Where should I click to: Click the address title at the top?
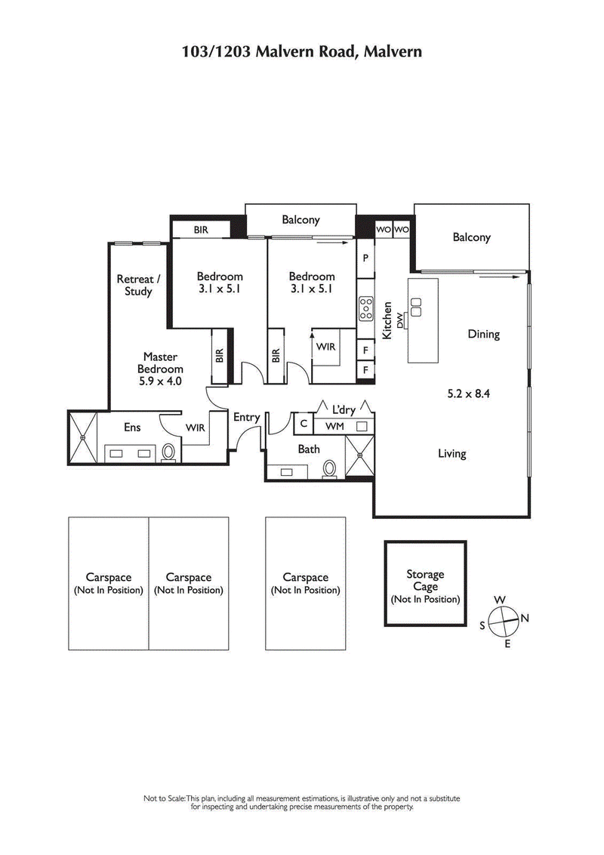301,51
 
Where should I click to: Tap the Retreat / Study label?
134,285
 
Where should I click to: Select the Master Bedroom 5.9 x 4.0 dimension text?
160,382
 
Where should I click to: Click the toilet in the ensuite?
169,452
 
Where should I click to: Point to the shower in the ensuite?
85,437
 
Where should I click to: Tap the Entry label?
246,417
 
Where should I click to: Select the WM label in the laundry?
334,427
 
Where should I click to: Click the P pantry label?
365,258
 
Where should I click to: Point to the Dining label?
483,334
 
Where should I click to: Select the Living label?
451,453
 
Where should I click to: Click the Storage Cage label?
425,580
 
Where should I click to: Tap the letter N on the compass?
525,618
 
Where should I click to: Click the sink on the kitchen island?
416,304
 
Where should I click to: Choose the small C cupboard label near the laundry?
304,424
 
